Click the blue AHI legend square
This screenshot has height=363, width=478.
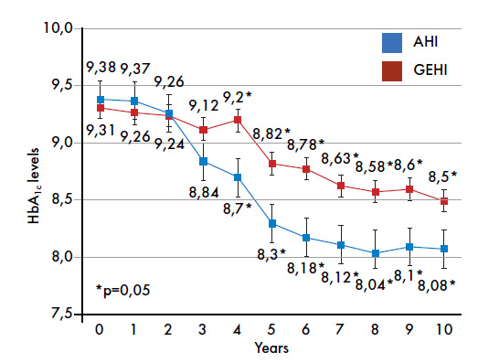(x=392, y=43)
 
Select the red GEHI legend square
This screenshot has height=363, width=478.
(x=392, y=71)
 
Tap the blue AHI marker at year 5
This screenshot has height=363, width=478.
(x=272, y=224)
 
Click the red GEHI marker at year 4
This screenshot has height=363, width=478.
(x=238, y=120)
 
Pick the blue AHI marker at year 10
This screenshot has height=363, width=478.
(x=444, y=249)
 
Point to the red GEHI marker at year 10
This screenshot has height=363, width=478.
(x=444, y=201)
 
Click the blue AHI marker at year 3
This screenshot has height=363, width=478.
(x=203, y=161)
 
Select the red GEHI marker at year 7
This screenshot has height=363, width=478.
(x=341, y=186)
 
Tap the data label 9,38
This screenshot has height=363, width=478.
(x=101, y=67)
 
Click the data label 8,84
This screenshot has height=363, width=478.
(x=204, y=193)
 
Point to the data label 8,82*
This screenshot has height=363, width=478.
(x=271, y=133)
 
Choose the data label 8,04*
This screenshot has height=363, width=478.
(x=375, y=285)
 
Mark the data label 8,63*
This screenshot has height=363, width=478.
(x=340, y=158)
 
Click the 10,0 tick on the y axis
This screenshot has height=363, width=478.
(x=58, y=28)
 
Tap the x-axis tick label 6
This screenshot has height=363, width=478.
(x=306, y=330)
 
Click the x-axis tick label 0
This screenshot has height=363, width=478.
(x=100, y=330)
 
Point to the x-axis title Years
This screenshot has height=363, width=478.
(x=271, y=348)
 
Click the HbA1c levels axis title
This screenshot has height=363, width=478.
(x=34, y=186)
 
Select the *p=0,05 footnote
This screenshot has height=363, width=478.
(x=122, y=290)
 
